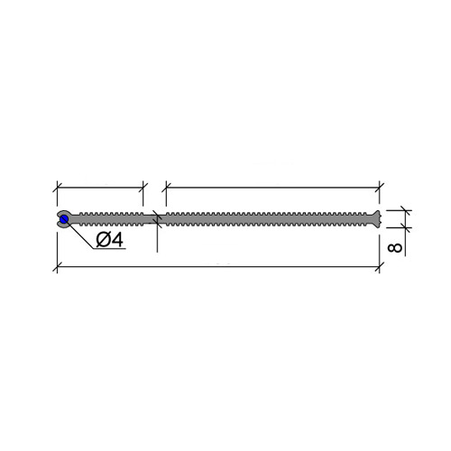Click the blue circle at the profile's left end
(x=64, y=219)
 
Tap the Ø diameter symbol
(x=103, y=240)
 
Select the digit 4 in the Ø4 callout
(x=117, y=240)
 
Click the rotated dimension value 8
(x=395, y=248)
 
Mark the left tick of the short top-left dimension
(x=57, y=188)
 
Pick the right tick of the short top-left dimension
(x=143, y=188)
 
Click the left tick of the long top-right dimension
(x=166, y=188)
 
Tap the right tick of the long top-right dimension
(x=380, y=188)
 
